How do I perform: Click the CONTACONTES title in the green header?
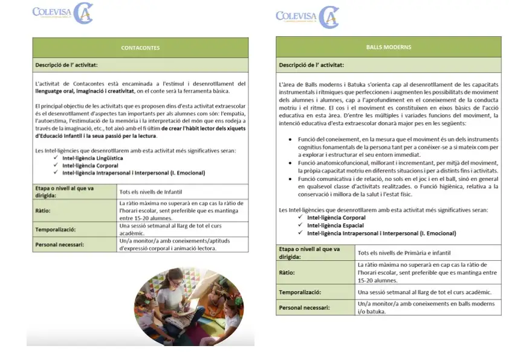pos(140,47)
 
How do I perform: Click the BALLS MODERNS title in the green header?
pos(389,47)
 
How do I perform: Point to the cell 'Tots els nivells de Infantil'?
pos(149,192)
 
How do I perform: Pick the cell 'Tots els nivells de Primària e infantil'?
pos(404,252)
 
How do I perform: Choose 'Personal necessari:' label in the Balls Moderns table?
pos(305,308)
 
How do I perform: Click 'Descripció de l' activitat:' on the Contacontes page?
pos(66,65)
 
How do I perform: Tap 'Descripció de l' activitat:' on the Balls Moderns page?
pos(311,65)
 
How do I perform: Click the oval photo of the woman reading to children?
pos(181,305)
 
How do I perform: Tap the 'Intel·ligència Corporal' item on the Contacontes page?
pos(89,165)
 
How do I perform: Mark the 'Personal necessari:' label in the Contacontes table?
pos(60,245)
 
